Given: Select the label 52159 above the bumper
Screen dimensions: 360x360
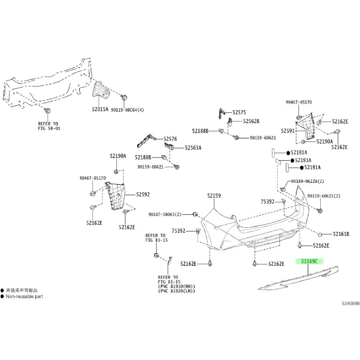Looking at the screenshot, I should pos(214,196).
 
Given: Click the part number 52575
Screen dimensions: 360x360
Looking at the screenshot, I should pos(240,113).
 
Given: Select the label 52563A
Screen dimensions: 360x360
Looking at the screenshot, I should pos(193,148).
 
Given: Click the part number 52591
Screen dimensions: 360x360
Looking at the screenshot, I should pos(288,130).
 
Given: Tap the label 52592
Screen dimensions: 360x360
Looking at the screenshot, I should pos(143,194).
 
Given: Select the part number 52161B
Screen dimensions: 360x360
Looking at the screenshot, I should pos(341,234).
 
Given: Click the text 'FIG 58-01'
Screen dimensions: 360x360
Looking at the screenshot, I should pos(50,128).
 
